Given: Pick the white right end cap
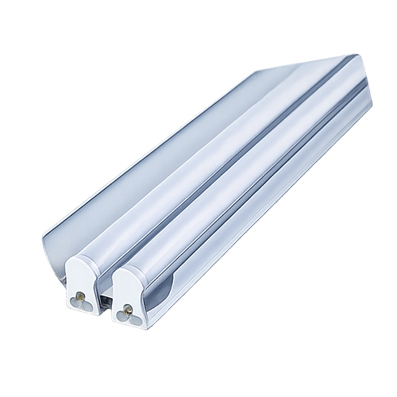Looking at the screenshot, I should [x=127, y=294].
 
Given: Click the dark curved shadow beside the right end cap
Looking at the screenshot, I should [x=159, y=290].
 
